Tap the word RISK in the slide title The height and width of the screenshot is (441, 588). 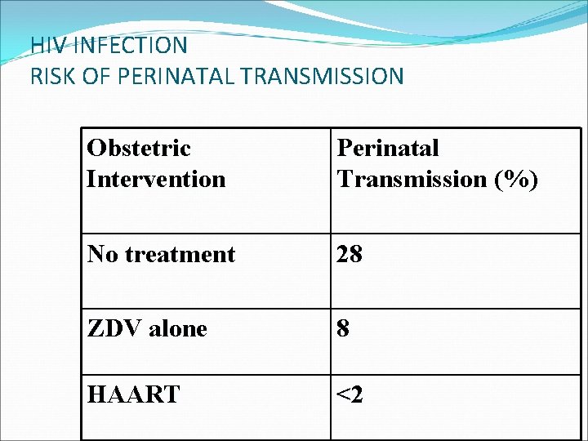click(x=51, y=77)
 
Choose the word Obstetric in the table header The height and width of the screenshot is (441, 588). click(x=139, y=148)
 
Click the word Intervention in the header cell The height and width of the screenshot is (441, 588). click(x=156, y=178)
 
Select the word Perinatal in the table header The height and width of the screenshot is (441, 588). click(x=388, y=148)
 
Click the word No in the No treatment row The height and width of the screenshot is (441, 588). click(x=102, y=254)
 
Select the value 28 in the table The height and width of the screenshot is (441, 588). click(x=350, y=254)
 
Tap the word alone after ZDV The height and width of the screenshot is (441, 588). click(x=177, y=328)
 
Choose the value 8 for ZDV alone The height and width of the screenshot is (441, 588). click(x=344, y=328)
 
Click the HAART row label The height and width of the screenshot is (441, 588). click(x=133, y=395)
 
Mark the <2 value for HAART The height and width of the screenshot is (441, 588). click(x=350, y=395)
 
